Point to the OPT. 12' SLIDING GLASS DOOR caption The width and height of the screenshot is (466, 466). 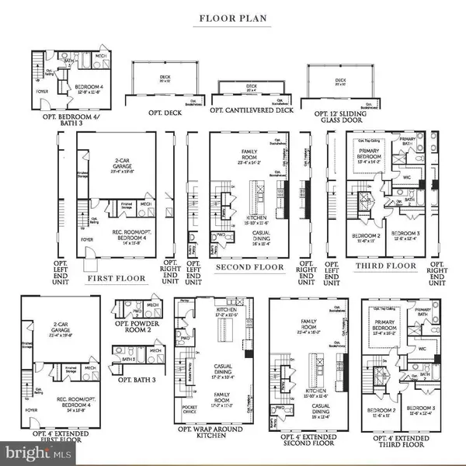(339, 115)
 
